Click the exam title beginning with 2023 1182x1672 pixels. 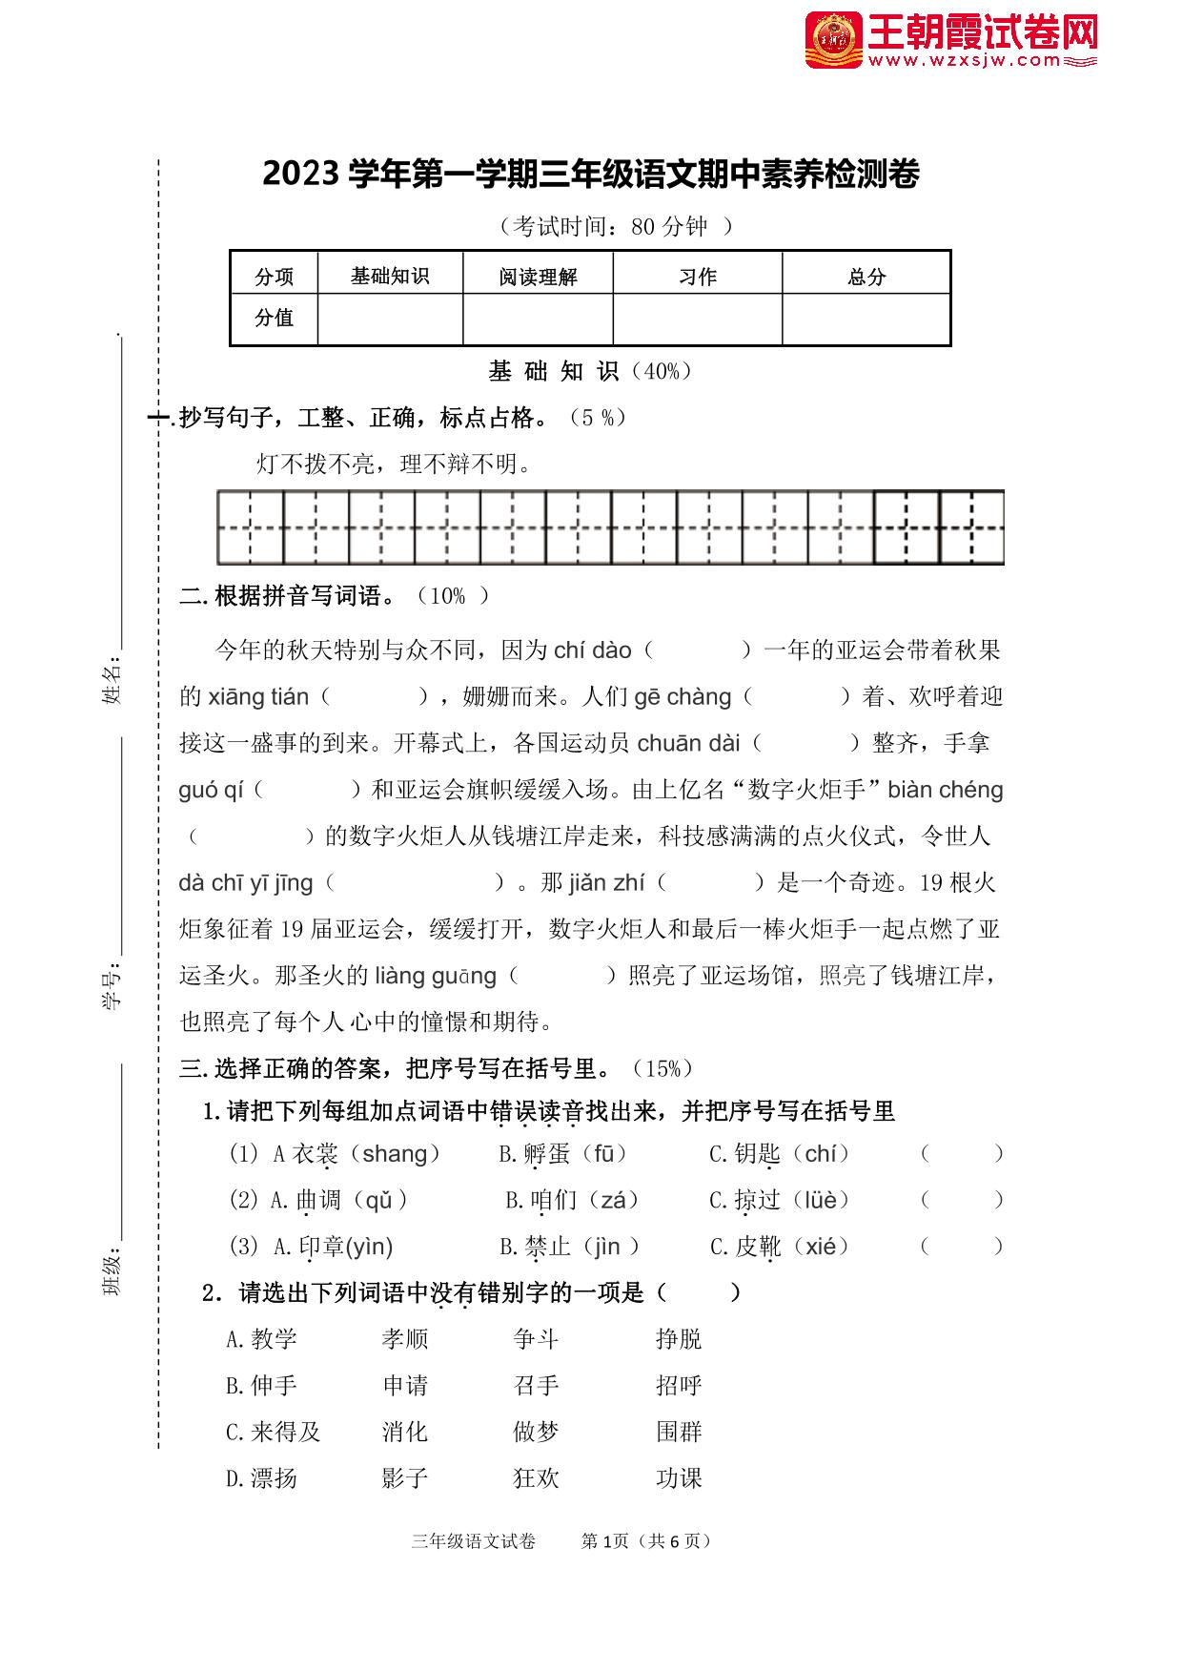590,175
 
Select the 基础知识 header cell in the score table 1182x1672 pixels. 390,276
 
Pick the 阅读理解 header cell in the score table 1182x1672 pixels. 538,277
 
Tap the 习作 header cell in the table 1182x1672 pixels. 697,277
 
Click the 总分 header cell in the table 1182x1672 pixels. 866,277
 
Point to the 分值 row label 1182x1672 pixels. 274,318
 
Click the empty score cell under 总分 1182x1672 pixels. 866,319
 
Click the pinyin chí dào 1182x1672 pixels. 592,650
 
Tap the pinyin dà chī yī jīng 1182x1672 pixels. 246,883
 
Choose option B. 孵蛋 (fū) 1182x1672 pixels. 562,1154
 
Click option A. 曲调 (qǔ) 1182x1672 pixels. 339,1200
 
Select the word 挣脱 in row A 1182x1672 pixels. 679,1339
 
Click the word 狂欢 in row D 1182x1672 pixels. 536,1478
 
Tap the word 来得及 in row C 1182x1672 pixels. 274,1432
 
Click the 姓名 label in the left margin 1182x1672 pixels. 112,679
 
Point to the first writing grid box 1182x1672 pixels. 250,527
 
